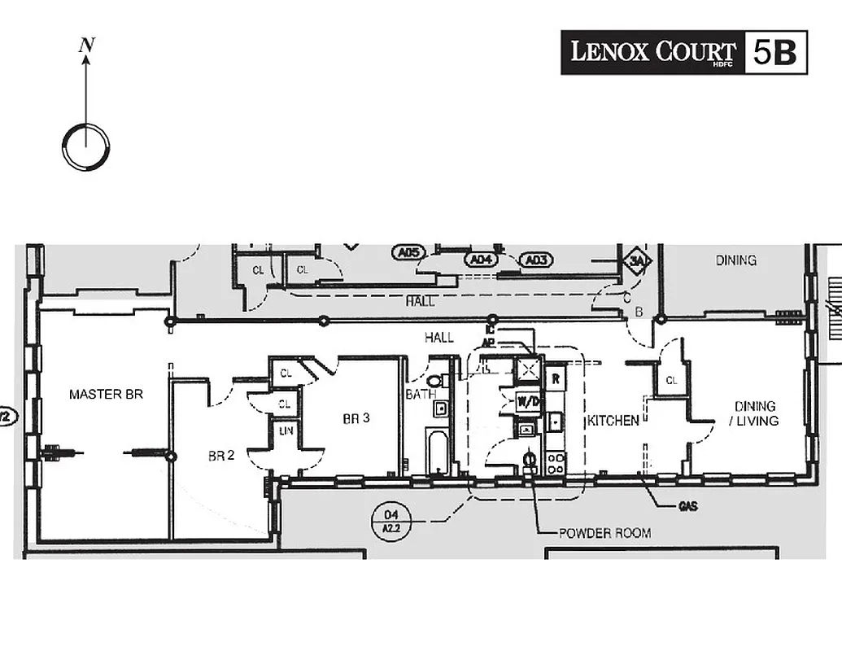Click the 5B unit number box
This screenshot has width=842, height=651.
[x=775, y=52]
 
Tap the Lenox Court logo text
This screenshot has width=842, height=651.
[x=652, y=52]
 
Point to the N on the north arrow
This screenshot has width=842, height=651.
[x=85, y=46]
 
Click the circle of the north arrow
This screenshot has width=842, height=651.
[x=85, y=147]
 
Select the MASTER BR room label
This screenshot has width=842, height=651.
[x=106, y=395]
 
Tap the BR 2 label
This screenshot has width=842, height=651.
[x=220, y=457]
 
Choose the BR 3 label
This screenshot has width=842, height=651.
[x=356, y=419]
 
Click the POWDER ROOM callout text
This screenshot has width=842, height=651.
[x=604, y=534]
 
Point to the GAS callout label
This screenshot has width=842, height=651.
[x=688, y=506]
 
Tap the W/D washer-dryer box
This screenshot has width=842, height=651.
[x=528, y=402]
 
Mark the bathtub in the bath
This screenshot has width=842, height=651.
[x=438, y=452]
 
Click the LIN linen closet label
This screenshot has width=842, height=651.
[x=286, y=430]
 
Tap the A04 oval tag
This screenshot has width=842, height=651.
[x=479, y=260]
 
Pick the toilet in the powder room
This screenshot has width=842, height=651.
[x=530, y=461]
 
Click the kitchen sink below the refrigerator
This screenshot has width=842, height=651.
[x=554, y=422]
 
